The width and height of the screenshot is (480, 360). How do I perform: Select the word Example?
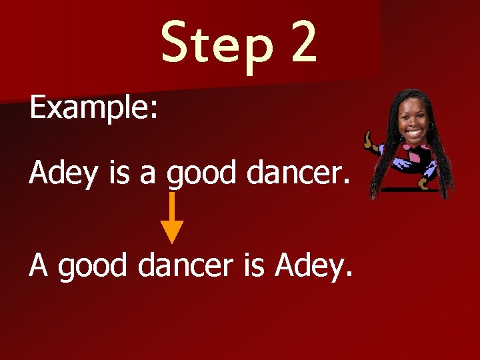click(x=94, y=108)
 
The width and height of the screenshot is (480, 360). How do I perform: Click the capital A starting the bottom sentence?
click(x=39, y=265)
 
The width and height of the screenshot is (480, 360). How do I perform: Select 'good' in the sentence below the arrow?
click(x=92, y=267)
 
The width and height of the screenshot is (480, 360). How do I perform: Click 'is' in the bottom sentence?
click(x=255, y=265)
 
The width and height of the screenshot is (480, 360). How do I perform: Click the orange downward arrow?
click(x=173, y=217)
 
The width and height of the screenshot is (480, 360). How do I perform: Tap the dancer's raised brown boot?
click(x=369, y=141)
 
